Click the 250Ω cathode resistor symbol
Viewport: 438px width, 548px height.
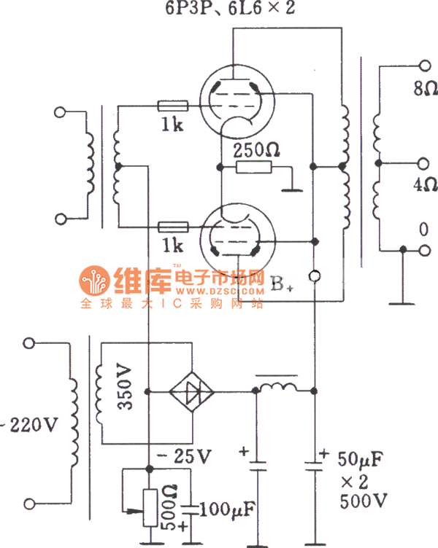pyautogui.click(x=253, y=168)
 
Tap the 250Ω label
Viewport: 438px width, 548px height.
pyautogui.click(x=256, y=151)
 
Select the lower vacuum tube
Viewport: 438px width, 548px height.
pyautogui.click(x=236, y=238)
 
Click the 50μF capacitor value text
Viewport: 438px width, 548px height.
pyautogui.click(x=361, y=460)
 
